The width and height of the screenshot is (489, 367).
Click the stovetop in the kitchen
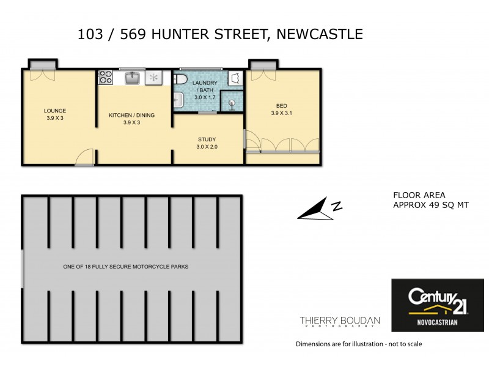(x=106, y=78)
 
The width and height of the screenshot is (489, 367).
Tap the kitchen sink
(x=133, y=78)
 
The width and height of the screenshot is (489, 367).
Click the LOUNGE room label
(x=55, y=111)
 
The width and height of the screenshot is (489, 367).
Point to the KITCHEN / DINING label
(x=132, y=115)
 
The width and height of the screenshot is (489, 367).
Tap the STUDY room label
(x=207, y=139)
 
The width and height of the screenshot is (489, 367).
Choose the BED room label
(x=282, y=105)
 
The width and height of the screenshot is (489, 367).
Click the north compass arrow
(x=319, y=210)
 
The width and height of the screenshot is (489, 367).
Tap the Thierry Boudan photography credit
(x=339, y=322)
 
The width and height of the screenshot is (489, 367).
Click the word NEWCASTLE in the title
(x=320, y=34)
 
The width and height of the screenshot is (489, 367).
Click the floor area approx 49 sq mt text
(x=430, y=201)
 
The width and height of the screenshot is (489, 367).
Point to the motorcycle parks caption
(x=126, y=267)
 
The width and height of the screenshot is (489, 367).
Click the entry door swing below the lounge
(x=84, y=158)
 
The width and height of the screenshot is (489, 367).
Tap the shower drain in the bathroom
(x=232, y=103)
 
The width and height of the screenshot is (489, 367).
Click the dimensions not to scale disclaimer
(x=359, y=344)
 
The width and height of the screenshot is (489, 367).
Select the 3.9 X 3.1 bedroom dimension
(x=282, y=113)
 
